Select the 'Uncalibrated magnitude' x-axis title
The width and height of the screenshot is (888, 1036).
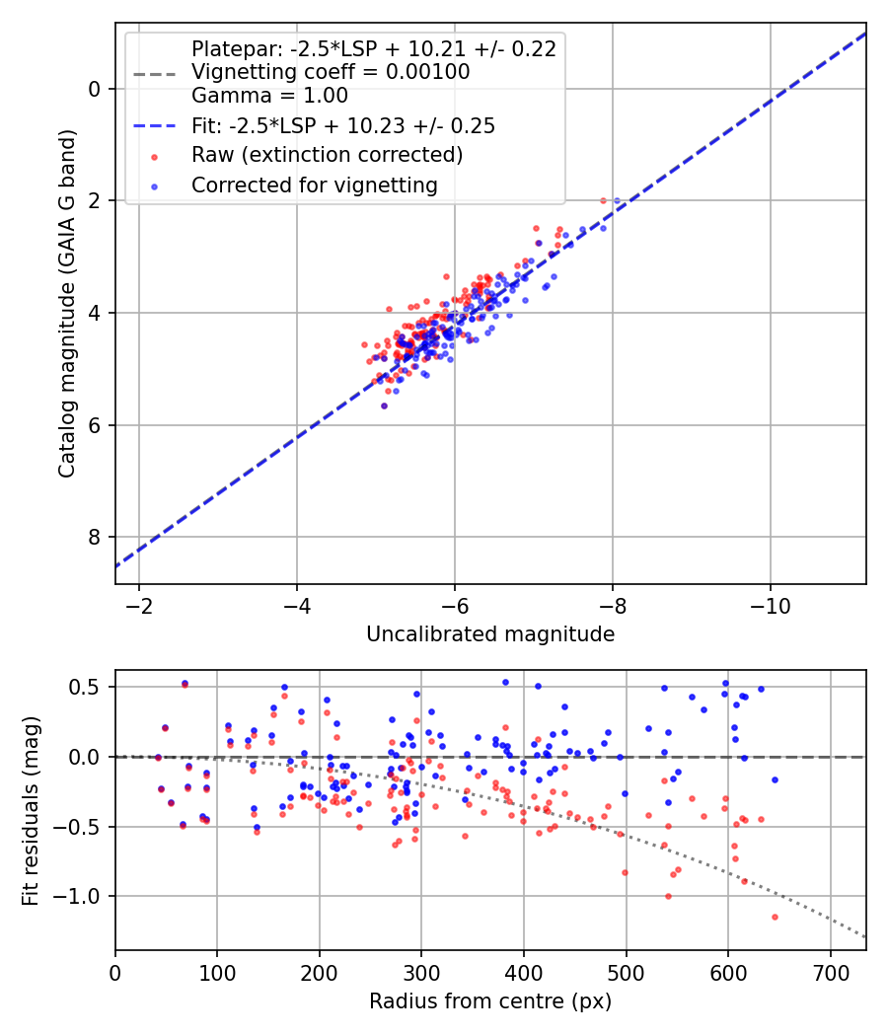point(490,634)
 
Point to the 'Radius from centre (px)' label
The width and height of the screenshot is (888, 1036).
point(490,1001)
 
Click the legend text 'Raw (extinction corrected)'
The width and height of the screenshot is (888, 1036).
point(327,155)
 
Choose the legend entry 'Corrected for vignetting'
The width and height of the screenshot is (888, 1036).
point(314,185)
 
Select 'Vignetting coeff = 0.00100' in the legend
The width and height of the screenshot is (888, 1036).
point(331,72)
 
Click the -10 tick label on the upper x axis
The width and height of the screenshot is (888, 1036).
point(771,605)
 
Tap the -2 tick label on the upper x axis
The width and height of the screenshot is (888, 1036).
point(139,605)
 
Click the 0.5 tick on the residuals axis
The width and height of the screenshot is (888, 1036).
point(90,687)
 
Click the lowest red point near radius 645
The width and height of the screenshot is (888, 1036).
point(775,917)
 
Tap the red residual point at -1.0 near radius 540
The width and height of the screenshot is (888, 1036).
point(668,896)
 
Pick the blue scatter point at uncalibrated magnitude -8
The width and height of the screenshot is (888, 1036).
point(618,200)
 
